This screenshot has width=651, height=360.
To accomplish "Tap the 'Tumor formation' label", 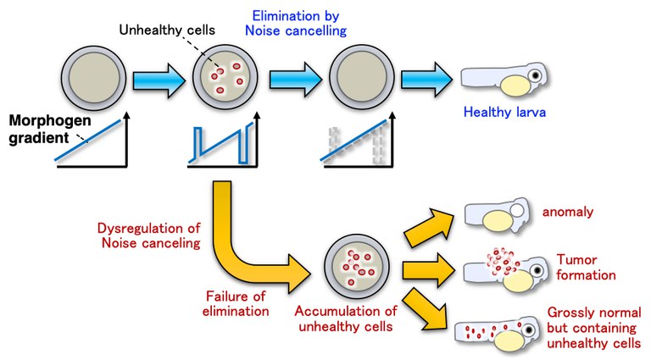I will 584,268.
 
